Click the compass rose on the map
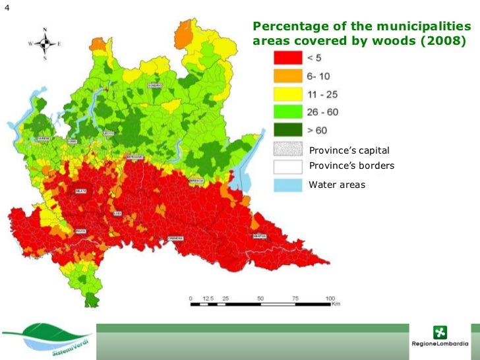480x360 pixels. coord(44,44)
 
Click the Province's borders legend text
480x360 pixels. coord(351,165)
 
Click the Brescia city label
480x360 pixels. coord(196,180)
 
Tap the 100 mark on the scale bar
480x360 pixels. coord(330,299)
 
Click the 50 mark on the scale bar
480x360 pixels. coord(260,299)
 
